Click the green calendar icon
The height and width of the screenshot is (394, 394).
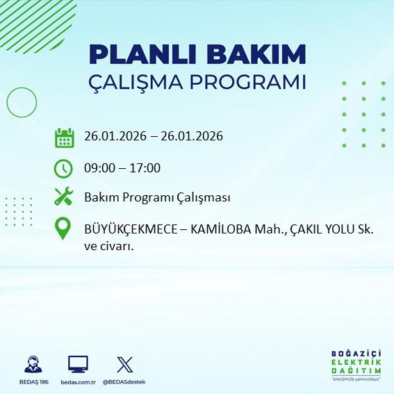click(64, 138)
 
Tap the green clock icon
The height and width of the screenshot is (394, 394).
click(64, 168)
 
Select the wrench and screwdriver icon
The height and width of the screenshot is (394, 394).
click(64, 197)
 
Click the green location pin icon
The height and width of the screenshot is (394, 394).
click(64, 230)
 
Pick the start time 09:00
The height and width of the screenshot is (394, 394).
click(99, 168)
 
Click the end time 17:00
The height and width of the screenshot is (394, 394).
click(145, 168)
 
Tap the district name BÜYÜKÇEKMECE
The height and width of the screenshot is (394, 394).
click(129, 229)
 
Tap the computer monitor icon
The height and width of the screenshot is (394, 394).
click(78, 363)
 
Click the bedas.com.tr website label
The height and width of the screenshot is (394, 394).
click(78, 383)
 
